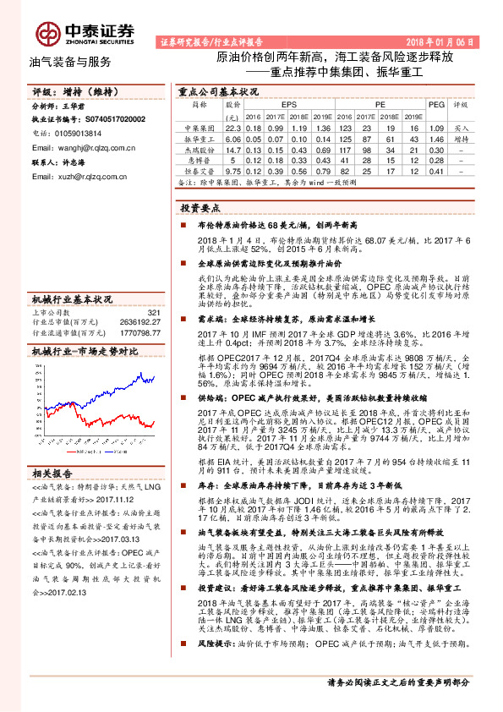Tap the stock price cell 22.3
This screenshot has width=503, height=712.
[233, 127]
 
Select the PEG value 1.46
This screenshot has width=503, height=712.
[436, 138]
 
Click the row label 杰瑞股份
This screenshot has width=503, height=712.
[200, 149]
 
